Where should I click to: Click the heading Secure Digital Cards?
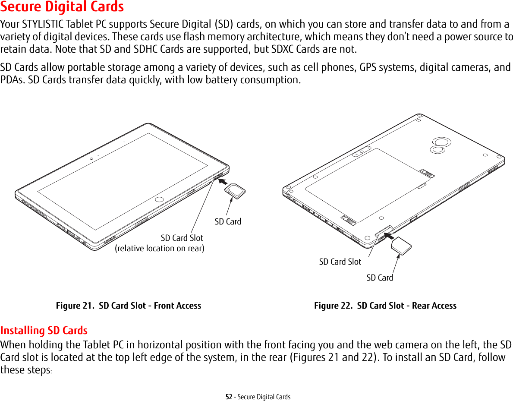click(62, 7)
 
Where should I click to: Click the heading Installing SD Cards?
click(44, 331)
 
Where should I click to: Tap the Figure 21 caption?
click(129, 306)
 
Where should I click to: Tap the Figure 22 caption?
click(385, 306)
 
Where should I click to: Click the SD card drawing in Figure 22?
click(401, 246)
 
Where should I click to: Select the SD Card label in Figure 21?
click(228, 221)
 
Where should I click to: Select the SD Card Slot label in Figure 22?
click(340, 262)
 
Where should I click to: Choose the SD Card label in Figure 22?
click(380, 278)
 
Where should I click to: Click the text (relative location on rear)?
click(160, 249)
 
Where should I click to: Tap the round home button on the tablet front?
click(160, 199)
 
